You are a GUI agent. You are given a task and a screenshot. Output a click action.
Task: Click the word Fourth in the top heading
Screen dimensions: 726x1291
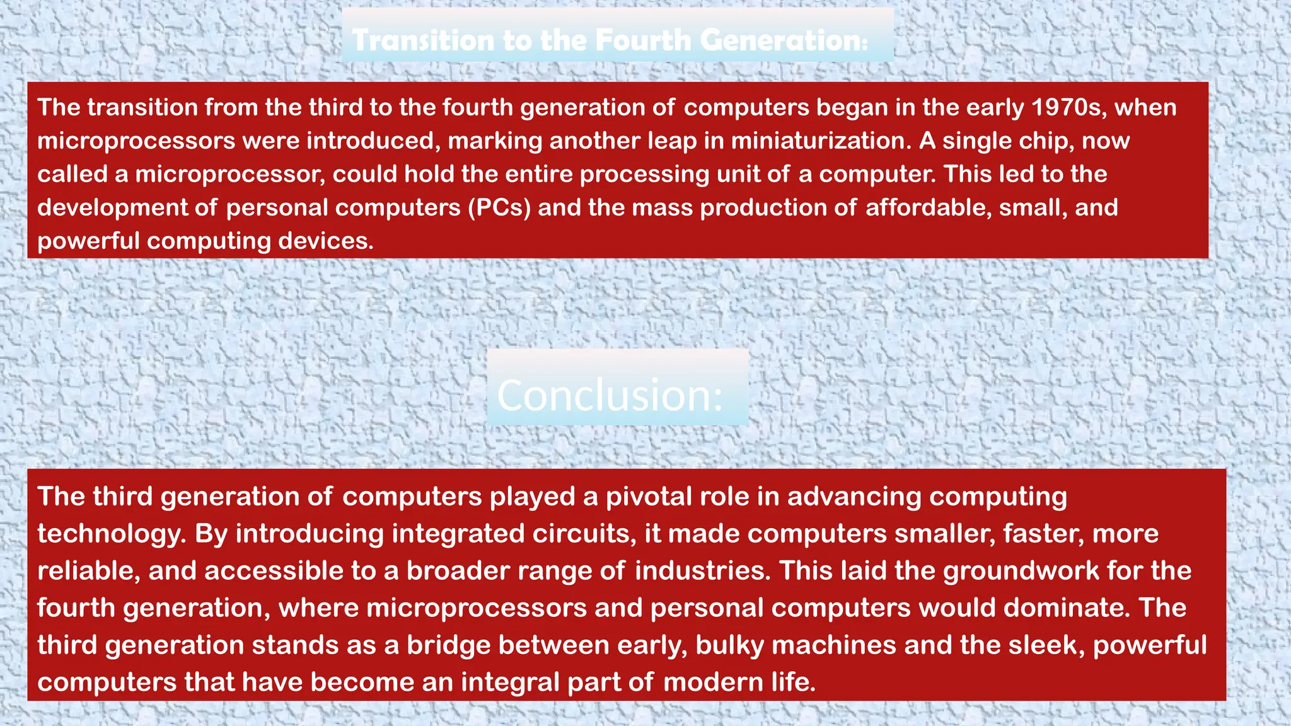(643, 40)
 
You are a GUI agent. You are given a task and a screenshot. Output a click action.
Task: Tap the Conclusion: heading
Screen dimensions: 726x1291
(610, 396)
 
